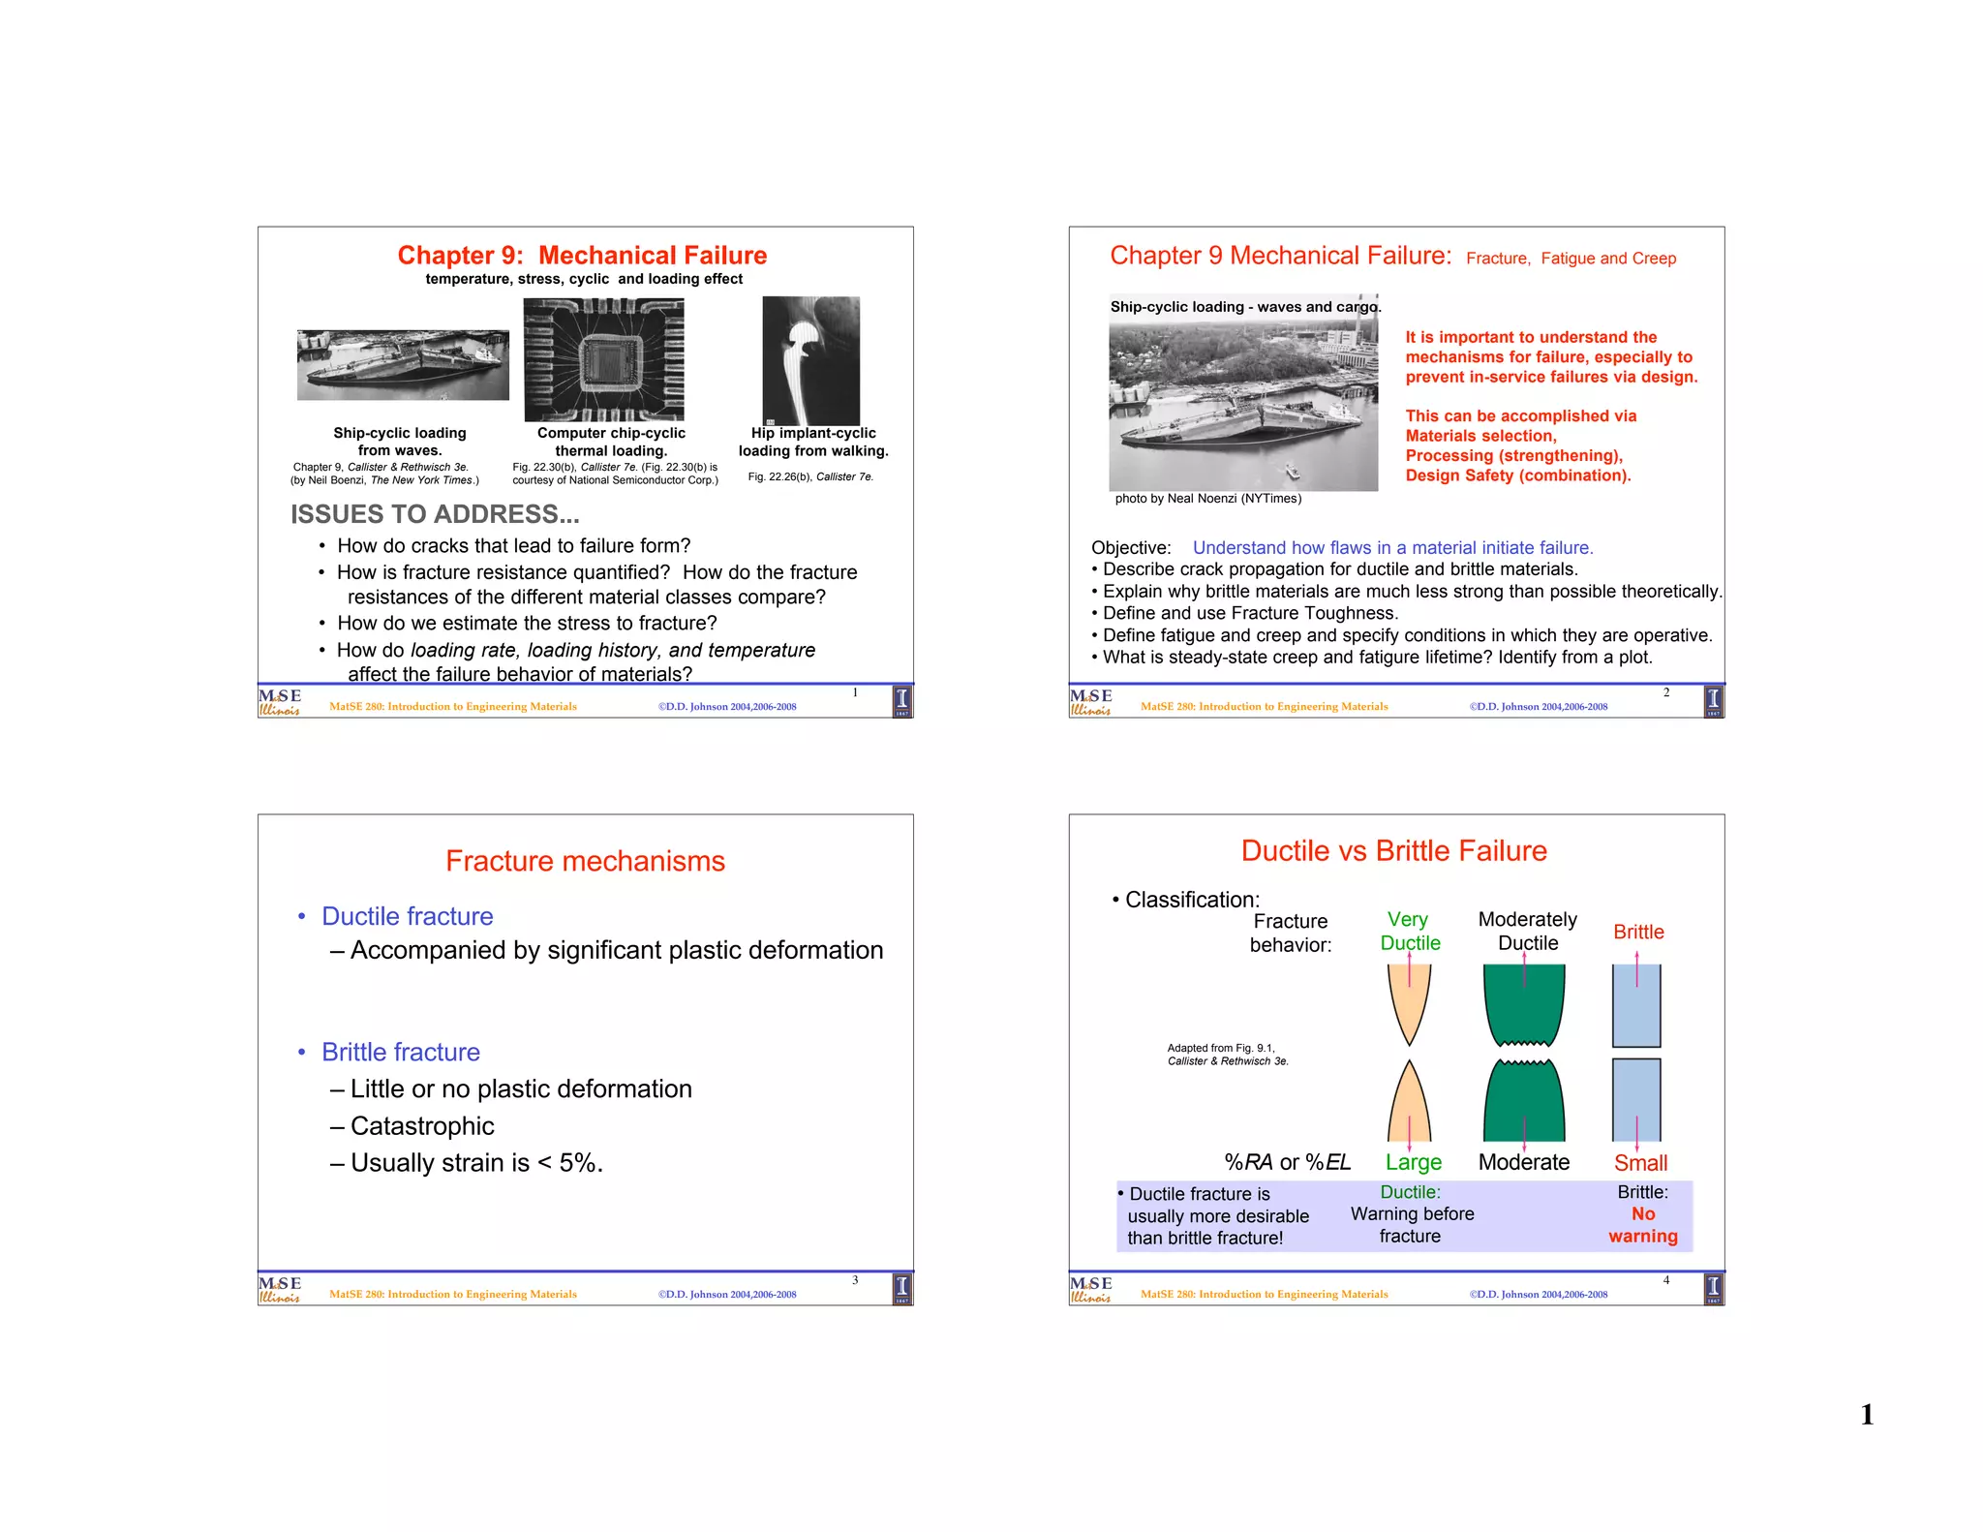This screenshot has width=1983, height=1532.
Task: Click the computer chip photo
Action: coord(603,359)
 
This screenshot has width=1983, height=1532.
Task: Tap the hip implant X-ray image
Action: coord(810,360)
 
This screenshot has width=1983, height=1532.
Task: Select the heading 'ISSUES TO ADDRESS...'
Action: coord(435,514)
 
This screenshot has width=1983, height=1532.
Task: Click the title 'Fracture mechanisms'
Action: coord(585,861)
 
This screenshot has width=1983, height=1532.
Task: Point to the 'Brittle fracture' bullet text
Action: coord(401,1052)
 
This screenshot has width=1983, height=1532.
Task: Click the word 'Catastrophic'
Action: coord(422,1125)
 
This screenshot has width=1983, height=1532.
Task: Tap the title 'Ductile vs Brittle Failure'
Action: coord(1393,850)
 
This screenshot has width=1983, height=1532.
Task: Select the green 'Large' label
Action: coord(1413,1162)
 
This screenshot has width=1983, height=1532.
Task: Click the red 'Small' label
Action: coord(1640,1163)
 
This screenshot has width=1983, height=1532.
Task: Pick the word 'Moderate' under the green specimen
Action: coord(1523,1162)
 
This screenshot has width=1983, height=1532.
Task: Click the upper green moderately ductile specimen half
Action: coord(1524,1003)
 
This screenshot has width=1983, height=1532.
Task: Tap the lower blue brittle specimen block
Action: coord(1636,1099)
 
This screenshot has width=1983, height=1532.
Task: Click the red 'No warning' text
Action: coord(1643,1225)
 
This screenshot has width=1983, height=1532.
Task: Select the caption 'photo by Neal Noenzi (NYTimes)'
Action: coord(1207,499)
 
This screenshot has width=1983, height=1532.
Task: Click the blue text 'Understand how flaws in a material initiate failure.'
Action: coord(1392,548)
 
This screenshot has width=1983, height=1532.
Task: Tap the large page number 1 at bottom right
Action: coord(1867,1415)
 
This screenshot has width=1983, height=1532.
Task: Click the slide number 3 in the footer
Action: coord(855,1280)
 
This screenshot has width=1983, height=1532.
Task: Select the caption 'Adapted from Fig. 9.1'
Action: coord(1221,1048)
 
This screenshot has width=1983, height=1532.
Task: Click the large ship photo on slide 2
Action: coord(1243,407)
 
